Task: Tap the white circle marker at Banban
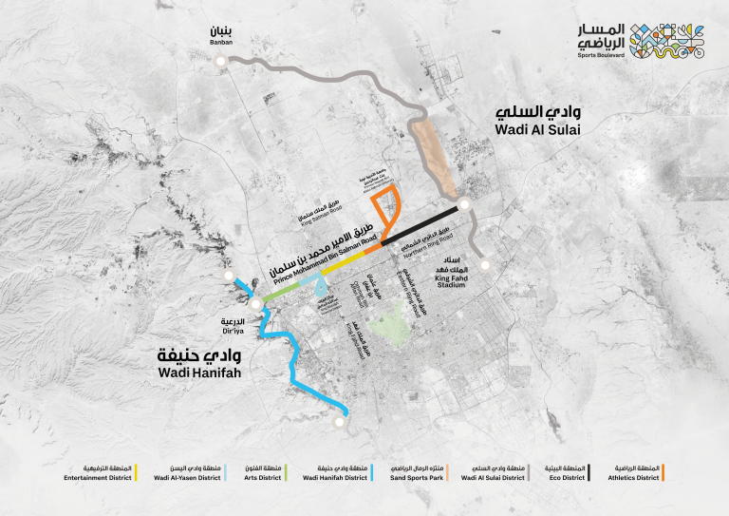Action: coord(221,61)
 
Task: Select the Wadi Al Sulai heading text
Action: coord(536,120)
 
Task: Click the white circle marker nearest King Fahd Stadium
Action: coord(483,265)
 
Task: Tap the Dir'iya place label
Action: coord(234,327)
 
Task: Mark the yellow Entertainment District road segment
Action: coord(346,258)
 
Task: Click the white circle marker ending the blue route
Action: coord(344,411)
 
